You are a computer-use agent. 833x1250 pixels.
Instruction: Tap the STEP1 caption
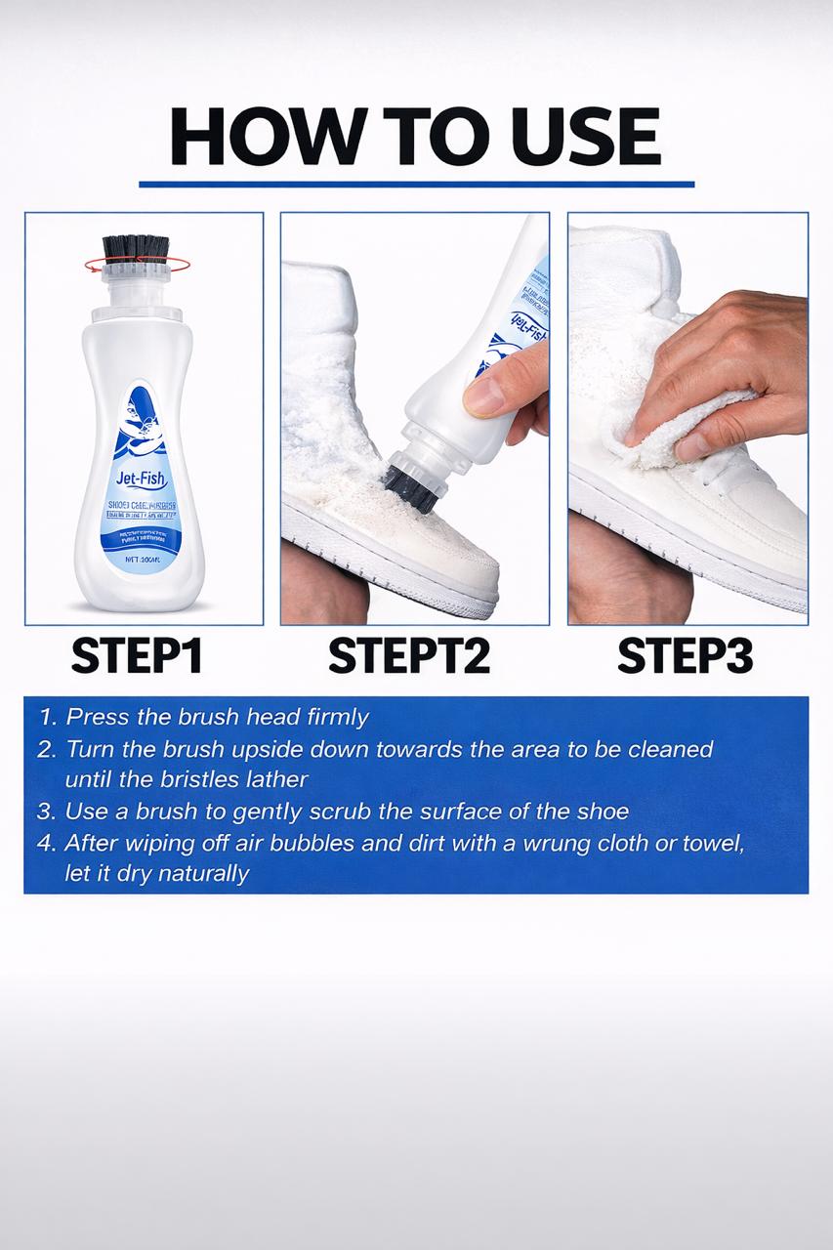point(137,657)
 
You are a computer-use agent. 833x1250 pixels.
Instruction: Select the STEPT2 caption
point(409,657)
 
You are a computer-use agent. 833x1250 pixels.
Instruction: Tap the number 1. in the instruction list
point(47,718)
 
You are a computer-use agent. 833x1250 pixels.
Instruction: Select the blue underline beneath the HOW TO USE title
point(416,183)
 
